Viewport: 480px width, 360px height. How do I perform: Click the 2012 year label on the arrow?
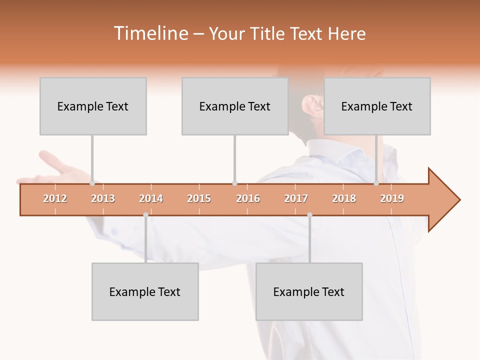point(55,199)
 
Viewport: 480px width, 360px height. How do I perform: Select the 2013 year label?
point(103,199)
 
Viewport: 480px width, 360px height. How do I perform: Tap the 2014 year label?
point(151,199)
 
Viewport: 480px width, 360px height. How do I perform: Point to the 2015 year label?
point(199,199)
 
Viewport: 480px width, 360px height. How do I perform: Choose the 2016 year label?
point(248,199)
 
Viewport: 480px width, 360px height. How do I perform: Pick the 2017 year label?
point(296,199)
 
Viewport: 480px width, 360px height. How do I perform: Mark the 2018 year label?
point(344,199)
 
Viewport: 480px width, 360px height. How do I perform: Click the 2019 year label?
point(392,199)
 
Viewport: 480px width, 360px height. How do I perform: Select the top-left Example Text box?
point(93,106)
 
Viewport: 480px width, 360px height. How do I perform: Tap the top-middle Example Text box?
point(235,106)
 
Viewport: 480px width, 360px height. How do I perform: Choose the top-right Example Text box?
point(377,106)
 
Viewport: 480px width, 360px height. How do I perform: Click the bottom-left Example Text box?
point(145,292)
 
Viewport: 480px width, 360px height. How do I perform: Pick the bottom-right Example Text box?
point(309,292)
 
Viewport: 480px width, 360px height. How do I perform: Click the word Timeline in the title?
point(150,33)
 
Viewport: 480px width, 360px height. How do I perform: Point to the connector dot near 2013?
point(92,183)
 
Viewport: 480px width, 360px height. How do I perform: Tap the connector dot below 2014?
point(145,215)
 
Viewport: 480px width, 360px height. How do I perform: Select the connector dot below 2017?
point(309,215)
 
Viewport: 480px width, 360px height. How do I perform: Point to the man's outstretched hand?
point(55,170)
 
